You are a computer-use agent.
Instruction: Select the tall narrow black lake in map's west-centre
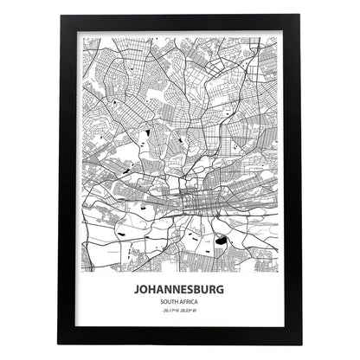click(146, 133)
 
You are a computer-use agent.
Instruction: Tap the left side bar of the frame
click(69, 180)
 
